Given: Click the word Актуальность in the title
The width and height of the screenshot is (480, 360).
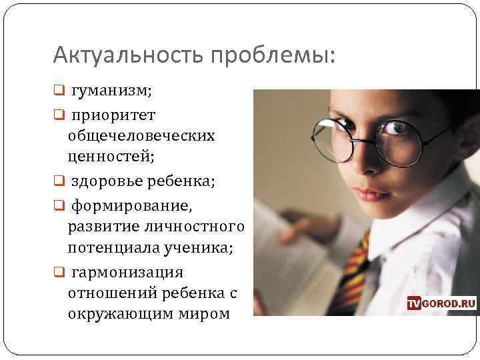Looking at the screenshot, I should click(x=130, y=54).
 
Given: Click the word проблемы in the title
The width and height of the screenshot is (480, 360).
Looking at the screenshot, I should click(x=279, y=55).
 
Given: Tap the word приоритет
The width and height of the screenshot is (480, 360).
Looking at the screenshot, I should click(x=113, y=115).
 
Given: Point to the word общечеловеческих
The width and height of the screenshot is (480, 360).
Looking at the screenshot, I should click(x=141, y=135).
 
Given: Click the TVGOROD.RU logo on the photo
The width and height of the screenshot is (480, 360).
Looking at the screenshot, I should click(x=441, y=303).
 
